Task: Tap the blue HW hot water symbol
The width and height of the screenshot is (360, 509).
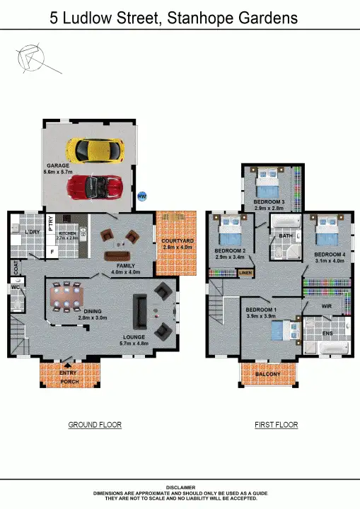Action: [x=142, y=196]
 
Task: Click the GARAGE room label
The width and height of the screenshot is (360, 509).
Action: [x=57, y=166]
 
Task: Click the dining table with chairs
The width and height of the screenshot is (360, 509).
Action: [x=66, y=296]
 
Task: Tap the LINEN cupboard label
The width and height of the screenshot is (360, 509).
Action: [x=245, y=272]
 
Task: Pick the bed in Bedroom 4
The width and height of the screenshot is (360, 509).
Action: [x=327, y=231]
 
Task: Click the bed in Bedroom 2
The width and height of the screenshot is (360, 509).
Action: [x=231, y=231]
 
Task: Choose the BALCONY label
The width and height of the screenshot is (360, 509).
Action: [x=268, y=374]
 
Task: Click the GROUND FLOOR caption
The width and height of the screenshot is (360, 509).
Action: [x=95, y=425]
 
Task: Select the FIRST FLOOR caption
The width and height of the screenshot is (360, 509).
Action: [x=276, y=425]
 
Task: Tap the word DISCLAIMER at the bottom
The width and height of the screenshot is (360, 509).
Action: [x=180, y=487]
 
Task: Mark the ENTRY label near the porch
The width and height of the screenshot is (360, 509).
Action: [x=69, y=373]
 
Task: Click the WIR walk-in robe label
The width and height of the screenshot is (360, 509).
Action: [x=326, y=306]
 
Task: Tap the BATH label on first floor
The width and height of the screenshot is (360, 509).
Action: [x=285, y=236]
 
